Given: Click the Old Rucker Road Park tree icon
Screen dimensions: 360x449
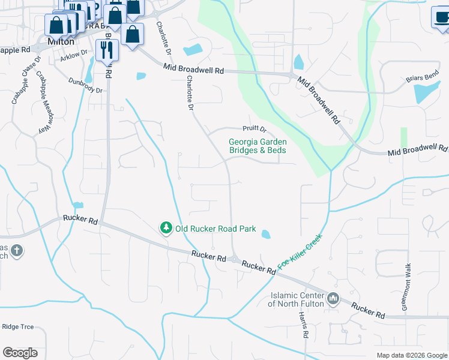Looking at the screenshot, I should click(x=166, y=229).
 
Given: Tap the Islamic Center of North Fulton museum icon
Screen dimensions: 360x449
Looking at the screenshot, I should click(x=334, y=298).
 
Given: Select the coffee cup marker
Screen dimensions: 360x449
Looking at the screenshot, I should click(x=441, y=17).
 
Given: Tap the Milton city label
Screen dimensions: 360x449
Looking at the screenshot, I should click(x=61, y=42).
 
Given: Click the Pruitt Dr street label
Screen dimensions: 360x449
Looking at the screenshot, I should click(x=254, y=128).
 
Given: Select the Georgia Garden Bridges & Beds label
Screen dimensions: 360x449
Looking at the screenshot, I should click(x=258, y=146).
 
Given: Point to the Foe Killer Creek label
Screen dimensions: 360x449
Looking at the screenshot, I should click(x=300, y=251).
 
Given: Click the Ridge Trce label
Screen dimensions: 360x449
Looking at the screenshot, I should click(x=17, y=327).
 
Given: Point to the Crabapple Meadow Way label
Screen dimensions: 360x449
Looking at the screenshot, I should click(x=42, y=102).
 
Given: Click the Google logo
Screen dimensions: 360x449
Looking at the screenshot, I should click(x=20, y=353).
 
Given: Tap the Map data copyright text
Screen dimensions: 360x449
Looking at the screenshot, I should click(x=412, y=355).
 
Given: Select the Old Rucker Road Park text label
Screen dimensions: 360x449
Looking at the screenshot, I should click(x=215, y=229).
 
